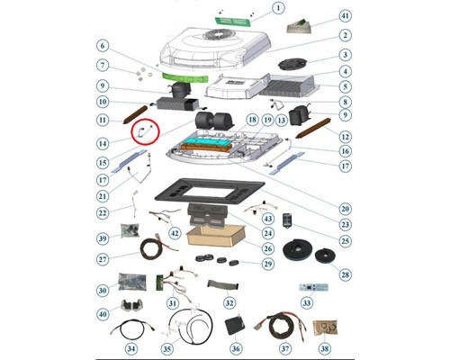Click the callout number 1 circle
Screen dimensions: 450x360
(278, 8)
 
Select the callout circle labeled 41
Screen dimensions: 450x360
(346, 15)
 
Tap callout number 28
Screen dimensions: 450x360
(346, 274)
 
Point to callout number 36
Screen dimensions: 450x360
(236, 348)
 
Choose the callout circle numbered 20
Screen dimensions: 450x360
(346, 209)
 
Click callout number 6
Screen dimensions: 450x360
(103, 46)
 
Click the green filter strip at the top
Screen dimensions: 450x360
(233, 22)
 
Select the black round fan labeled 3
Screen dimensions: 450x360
(292, 64)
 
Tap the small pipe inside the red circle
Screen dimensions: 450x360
(145, 131)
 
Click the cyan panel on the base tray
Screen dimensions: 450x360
(207, 140)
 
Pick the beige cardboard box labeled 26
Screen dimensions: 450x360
(216, 236)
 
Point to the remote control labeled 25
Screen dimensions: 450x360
(287, 220)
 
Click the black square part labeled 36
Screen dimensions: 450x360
(234, 326)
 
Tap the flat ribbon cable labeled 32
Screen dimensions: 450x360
(222, 284)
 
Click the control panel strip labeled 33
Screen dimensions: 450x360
(313, 287)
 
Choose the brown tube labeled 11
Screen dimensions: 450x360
(135, 114)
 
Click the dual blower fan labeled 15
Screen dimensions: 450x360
(212, 121)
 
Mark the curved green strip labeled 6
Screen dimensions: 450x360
(185, 77)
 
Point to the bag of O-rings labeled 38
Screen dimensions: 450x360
(325, 328)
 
